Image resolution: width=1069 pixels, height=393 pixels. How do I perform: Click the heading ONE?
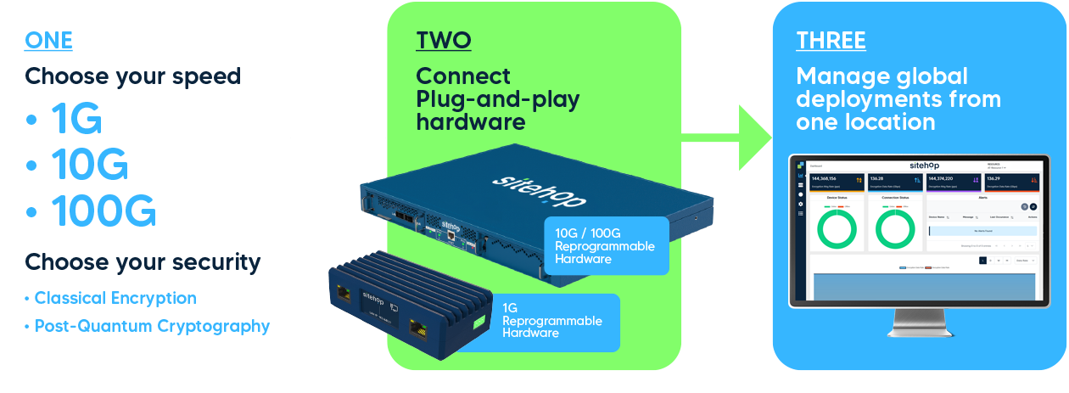pyautogui.click(x=48, y=40)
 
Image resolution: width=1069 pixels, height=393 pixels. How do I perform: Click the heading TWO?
pyautogui.click(x=443, y=40)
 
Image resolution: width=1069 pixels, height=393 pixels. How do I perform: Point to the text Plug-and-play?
pyautogui.click(x=497, y=99)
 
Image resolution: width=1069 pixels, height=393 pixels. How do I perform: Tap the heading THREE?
pyautogui.click(x=830, y=40)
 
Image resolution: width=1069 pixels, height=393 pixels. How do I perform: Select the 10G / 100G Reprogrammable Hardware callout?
pyautogui.click(x=604, y=245)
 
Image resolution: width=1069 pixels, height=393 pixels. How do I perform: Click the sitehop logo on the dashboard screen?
pyautogui.click(x=924, y=165)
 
